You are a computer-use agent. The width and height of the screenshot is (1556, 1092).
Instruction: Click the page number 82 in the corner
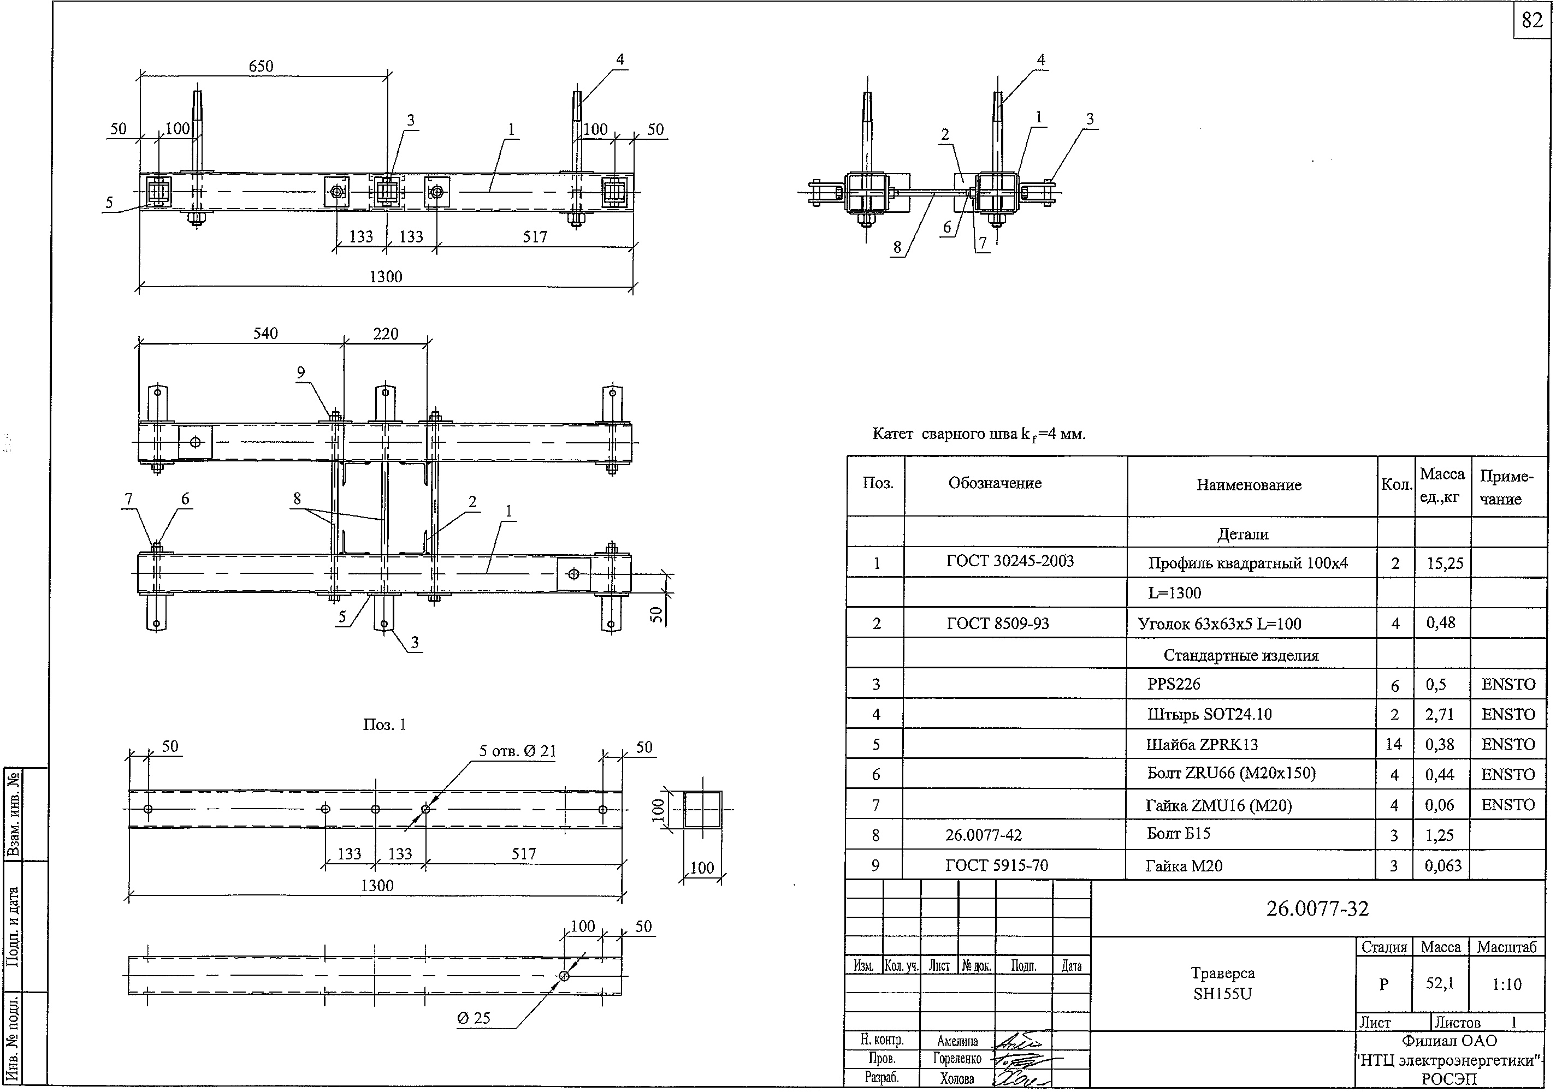tap(1531, 20)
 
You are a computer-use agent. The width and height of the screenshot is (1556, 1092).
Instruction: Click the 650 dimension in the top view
tap(261, 66)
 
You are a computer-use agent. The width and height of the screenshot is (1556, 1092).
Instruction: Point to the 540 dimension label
tap(265, 333)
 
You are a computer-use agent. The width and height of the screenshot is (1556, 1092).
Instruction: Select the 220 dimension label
tap(386, 333)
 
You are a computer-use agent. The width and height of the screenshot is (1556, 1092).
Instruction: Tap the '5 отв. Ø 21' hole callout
tap(517, 751)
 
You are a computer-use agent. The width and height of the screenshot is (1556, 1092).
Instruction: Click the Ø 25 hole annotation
tap(474, 1018)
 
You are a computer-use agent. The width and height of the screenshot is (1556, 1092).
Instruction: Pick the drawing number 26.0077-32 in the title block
tap(1317, 909)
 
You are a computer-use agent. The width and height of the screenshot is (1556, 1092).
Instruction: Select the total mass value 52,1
tap(1440, 983)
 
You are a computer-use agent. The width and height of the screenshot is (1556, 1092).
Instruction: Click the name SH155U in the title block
tap(1222, 994)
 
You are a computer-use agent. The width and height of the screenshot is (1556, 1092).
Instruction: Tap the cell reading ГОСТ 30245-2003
tap(1010, 561)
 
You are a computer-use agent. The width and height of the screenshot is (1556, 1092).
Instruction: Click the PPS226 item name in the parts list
tap(1174, 684)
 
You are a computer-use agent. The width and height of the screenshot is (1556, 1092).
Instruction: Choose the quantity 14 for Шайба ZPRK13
tap(1393, 745)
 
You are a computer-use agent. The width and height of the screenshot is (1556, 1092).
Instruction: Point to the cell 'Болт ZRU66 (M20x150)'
tap(1230, 773)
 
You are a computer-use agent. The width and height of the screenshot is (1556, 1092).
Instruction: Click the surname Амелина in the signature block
tap(957, 1041)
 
